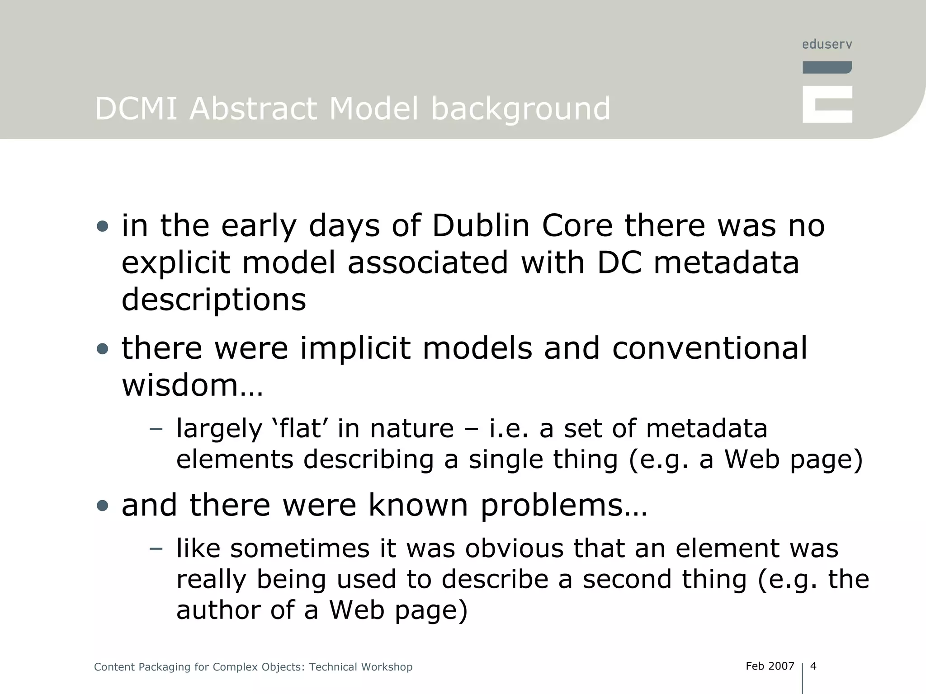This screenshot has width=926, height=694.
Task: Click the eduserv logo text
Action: (x=827, y=44)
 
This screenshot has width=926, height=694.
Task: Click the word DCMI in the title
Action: (x=136, y=109)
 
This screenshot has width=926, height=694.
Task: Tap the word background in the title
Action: (x=520, y=110)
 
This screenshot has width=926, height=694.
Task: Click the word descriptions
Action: (x=214, y=300)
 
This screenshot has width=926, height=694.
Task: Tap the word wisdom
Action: (x=180, y=385)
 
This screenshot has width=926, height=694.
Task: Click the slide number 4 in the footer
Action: (x=813, y=666)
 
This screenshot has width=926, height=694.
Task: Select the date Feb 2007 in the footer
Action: (x=770, y=666)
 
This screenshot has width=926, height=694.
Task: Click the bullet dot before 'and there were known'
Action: (x=103, y=505)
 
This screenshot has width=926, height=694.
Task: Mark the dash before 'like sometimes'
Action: (x=156, y=549)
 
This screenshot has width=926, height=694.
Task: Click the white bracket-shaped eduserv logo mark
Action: (x=827, y=104)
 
